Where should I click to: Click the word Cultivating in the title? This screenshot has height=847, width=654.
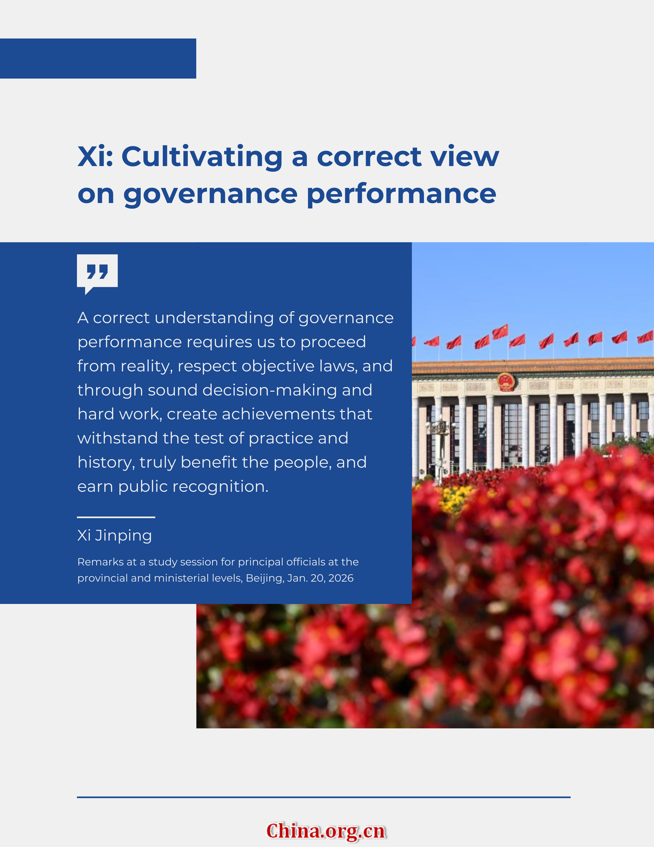coord(202,156)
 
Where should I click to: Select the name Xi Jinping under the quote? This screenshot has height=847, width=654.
coord(115,536)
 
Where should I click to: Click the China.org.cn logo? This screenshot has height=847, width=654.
coord(326,831)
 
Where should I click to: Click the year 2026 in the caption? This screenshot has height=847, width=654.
coord(341,578)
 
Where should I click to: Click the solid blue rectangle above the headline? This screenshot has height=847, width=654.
coord(98,59)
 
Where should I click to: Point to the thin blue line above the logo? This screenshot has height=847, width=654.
coord(323,797)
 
